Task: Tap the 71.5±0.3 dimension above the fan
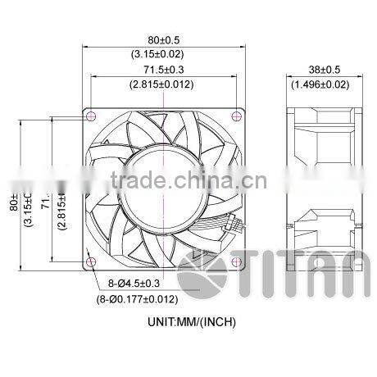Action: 165,70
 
